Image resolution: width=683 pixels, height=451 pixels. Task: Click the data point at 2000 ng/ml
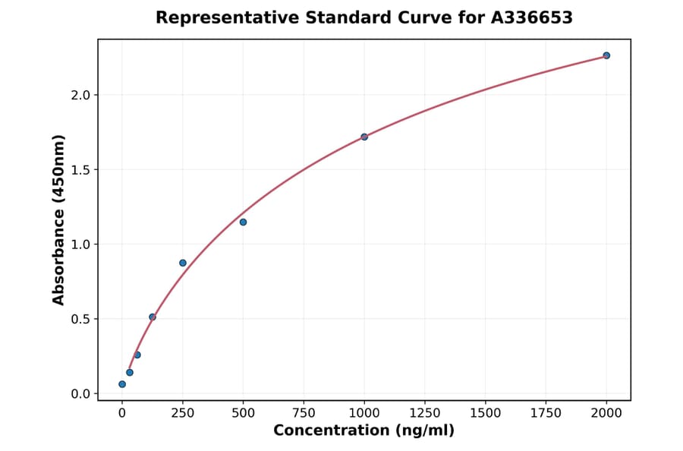(x=606, y=55)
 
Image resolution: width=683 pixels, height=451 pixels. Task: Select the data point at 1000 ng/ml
(x=364, y=137)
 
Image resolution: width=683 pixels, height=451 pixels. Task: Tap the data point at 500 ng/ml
(x=243, y=222)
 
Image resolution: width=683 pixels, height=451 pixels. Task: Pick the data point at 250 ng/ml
(x=183, y=263)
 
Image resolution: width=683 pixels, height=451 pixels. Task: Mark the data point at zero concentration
(x=122, y=384)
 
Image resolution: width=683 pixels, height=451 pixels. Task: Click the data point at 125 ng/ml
(x=153, y=317)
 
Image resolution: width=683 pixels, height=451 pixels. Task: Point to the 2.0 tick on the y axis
(x=80, y=95)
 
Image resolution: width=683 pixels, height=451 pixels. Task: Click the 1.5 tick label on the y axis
(x=80, y=169)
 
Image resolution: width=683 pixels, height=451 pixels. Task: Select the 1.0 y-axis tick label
(x=80, y=244)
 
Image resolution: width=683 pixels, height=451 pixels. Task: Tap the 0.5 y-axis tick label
(x=80, y=319)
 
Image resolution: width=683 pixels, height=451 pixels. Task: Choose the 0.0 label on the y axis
(x=80, y=393)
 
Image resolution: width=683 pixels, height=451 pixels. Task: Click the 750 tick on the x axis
(x=304, y=412)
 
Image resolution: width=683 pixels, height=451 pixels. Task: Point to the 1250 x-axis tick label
(x=425, y=412)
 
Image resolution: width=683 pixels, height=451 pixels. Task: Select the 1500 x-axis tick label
(x=486, y=412)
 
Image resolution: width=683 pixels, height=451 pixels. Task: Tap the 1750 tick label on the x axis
(x=546, y=412)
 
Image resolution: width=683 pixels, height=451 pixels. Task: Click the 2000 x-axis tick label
(x=606, y=412)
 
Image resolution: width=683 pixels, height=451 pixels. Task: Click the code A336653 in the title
(x=532, y=17)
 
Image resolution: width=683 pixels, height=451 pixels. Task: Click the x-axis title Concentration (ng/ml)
(x=364, y=431)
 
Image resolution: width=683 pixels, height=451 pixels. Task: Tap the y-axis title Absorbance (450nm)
(x=59, y=219)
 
